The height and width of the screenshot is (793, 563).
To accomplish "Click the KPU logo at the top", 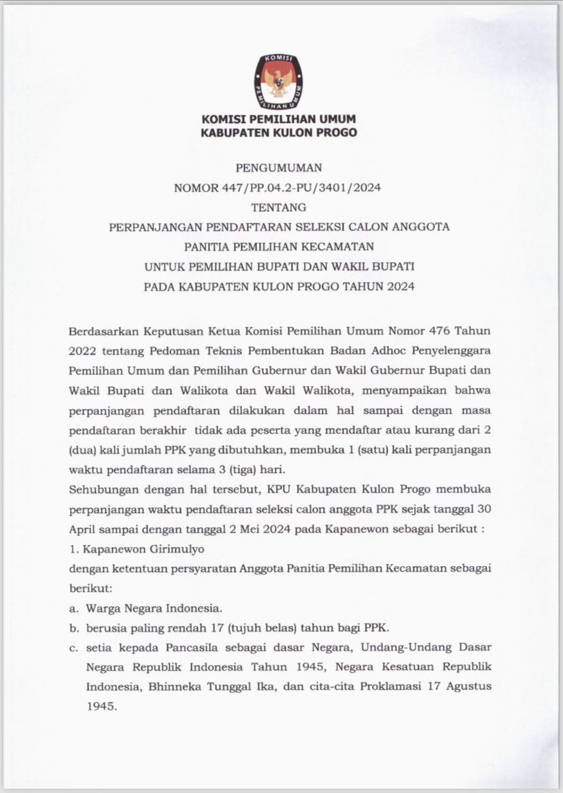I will pos(279,81).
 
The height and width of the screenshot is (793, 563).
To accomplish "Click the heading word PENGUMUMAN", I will pos(278,166).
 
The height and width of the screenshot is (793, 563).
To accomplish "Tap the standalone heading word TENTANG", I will pos(278,207).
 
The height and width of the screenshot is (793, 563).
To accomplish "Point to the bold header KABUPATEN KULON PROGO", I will pos(279,133).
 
